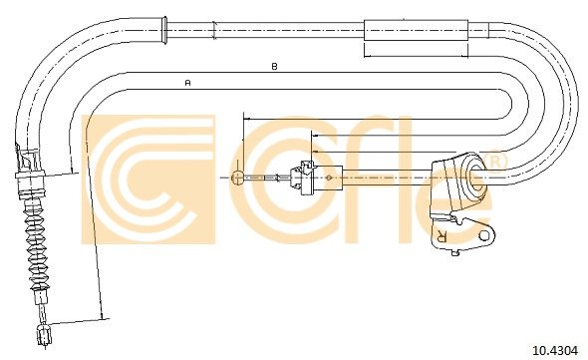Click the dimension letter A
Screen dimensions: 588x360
188,82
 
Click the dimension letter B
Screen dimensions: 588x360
274,67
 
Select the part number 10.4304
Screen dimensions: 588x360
555,351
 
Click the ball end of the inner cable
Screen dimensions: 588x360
238,178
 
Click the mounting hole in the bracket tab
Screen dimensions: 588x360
485,235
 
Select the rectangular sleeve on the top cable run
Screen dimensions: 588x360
417,30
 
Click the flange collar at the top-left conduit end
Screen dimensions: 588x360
163,30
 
